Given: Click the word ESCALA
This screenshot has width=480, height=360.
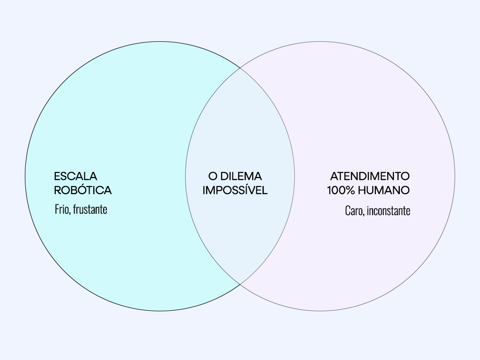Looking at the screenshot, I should point(75,176).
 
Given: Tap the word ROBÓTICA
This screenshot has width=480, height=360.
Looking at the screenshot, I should point(82,190).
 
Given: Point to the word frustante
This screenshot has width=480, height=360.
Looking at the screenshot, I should point(90,209).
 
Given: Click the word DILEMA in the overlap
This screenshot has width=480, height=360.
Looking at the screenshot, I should point(241,176).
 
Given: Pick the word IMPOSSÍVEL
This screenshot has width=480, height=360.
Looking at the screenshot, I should point(235,190).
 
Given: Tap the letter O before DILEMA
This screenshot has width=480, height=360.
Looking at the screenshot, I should point(213,176).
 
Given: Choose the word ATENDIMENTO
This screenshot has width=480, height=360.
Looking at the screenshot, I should point(369,176).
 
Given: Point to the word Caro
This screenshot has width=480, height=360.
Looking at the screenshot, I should point(353,211).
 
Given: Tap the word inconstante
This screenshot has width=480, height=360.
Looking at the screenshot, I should point(389,211).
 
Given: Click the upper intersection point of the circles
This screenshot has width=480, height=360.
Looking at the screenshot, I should point(240,68).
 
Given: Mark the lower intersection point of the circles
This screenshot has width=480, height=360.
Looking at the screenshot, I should point(240,284).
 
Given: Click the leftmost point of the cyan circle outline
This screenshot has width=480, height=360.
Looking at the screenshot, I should point(25,176).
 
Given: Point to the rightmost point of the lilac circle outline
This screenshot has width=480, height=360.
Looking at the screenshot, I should point(455,176).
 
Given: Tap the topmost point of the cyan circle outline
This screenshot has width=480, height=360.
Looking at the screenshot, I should point(160,42).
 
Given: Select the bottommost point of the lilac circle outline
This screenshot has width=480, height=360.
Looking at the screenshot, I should point(320,311).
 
